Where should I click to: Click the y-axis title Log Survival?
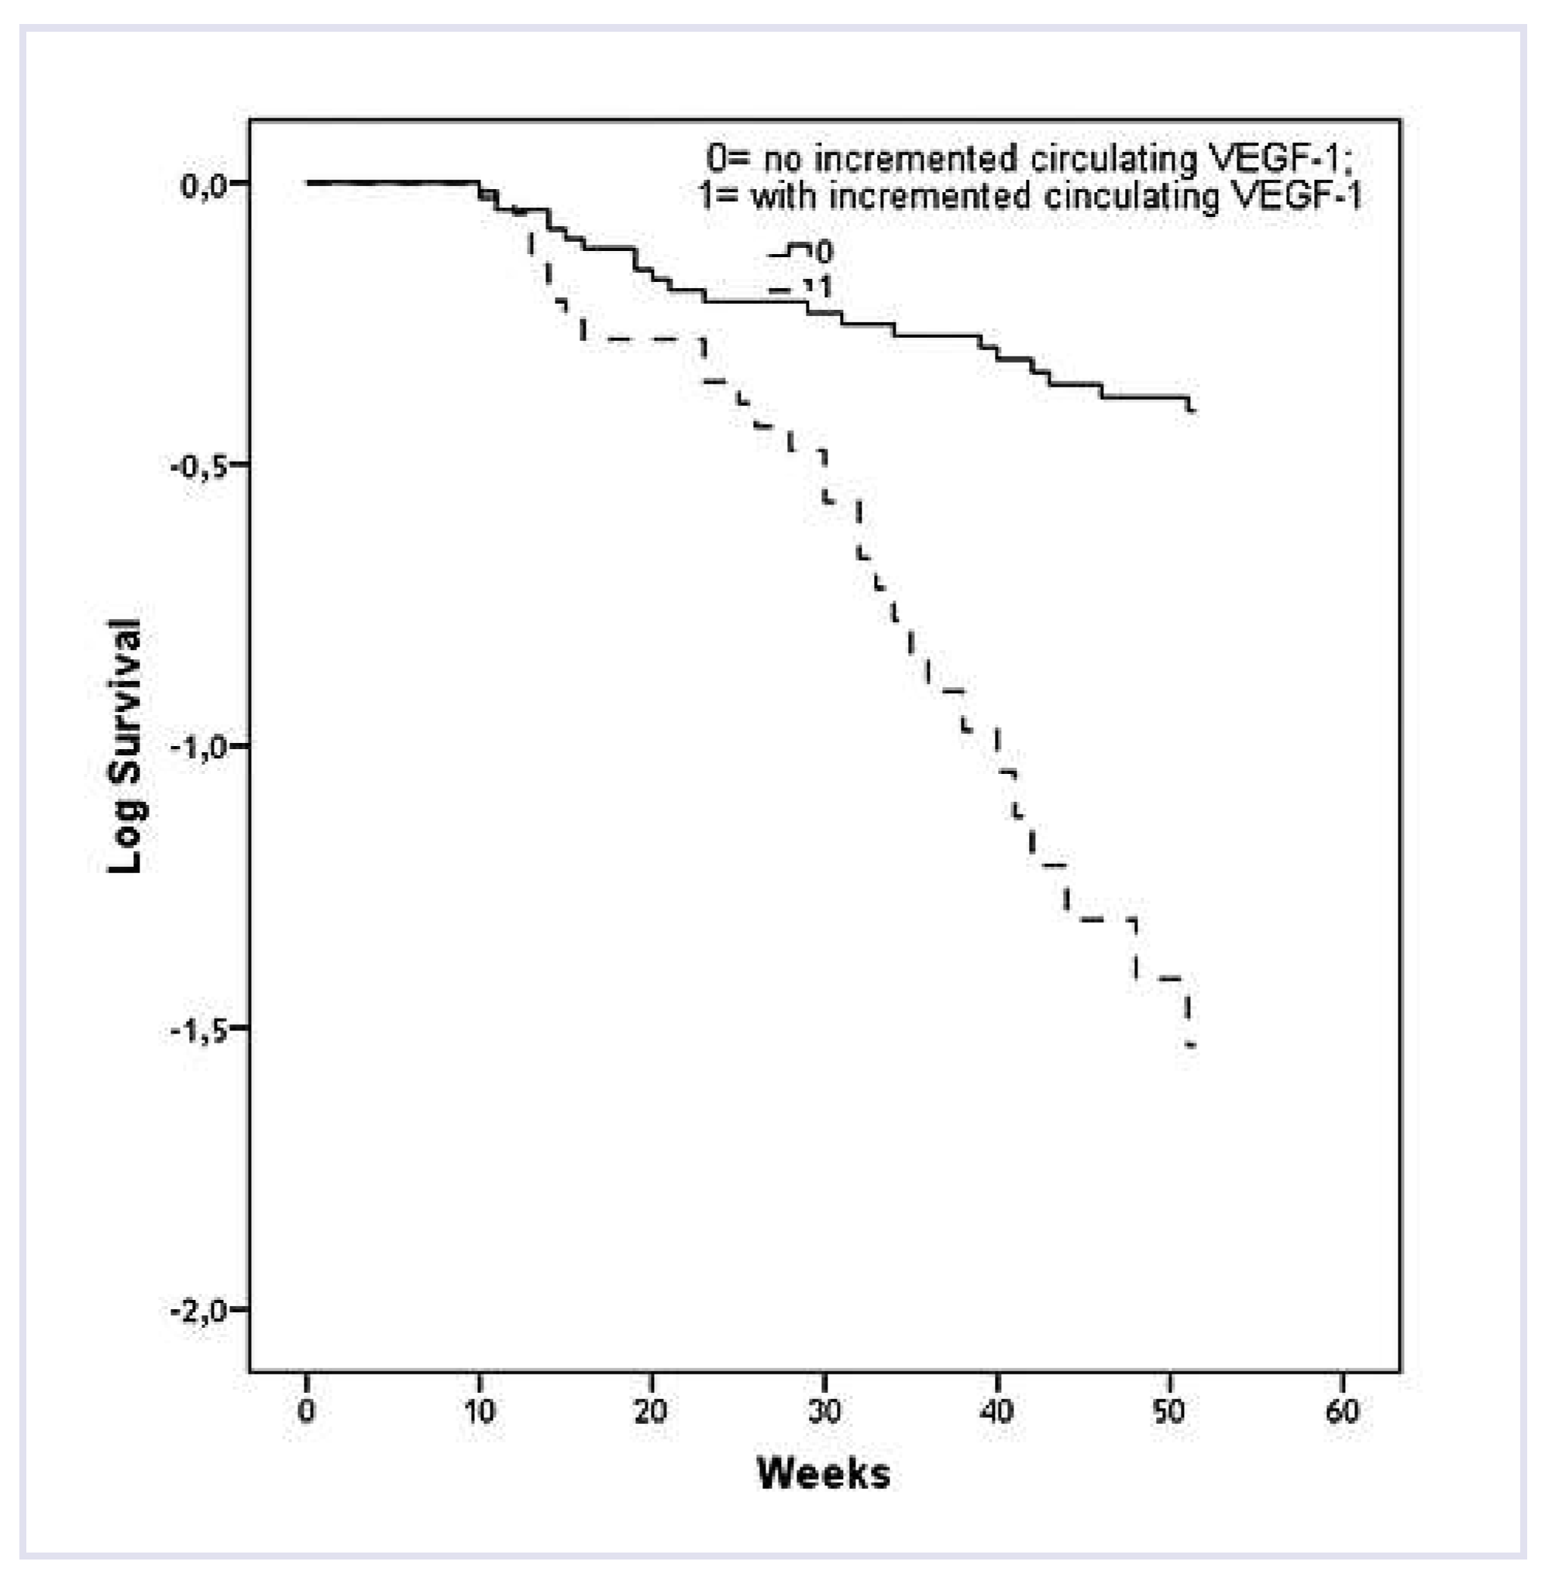(126, 746)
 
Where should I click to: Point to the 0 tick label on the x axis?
(306, 1410)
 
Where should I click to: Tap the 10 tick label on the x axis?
(479, 1410)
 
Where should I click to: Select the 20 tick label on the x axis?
(651, 1410)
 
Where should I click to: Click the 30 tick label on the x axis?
(824, 1410)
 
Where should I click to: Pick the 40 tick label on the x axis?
(996, 1410)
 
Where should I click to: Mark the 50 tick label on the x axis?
(1168, 1410)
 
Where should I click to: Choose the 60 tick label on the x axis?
(1341, 1410)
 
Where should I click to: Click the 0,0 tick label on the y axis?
(201, 186)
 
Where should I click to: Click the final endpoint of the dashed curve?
(1190, 1045)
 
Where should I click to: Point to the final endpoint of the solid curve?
(1192, 411)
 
